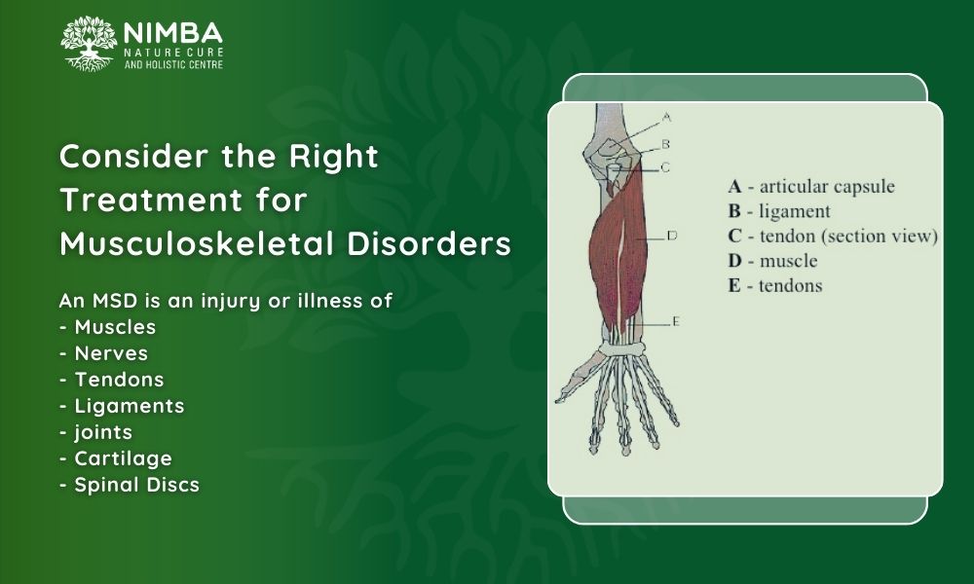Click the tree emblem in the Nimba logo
(x=89, y=44)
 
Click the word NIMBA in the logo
(x=172, y=33)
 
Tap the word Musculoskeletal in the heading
(x=197, y=244)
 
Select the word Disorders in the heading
(x=429, y=244)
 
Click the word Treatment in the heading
(x=151, y=200)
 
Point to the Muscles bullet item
(x=108, y=327)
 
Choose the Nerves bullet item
(x=104, y=353)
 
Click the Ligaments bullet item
(x=123, y=406)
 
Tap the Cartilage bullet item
(x=116, y=458)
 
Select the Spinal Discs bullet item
(x=130, y=485)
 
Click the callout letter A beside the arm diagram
(x=666, y=117)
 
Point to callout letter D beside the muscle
(x=672, y=236)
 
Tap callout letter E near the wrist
(x=676, y=321)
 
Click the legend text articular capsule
(x=827, y=187)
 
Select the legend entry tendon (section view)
(x=848, y=237)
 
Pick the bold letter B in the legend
(x=734, y=211)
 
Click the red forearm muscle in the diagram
(x=618, y=254)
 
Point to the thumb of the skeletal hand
(x=577, y=380)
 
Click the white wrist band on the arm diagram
(x=623, y=350)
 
